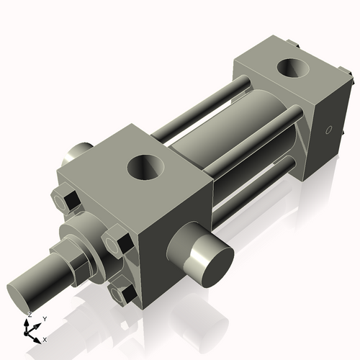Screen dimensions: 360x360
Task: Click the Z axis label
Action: coord(29,315)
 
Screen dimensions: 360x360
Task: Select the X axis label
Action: coord(45,338)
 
